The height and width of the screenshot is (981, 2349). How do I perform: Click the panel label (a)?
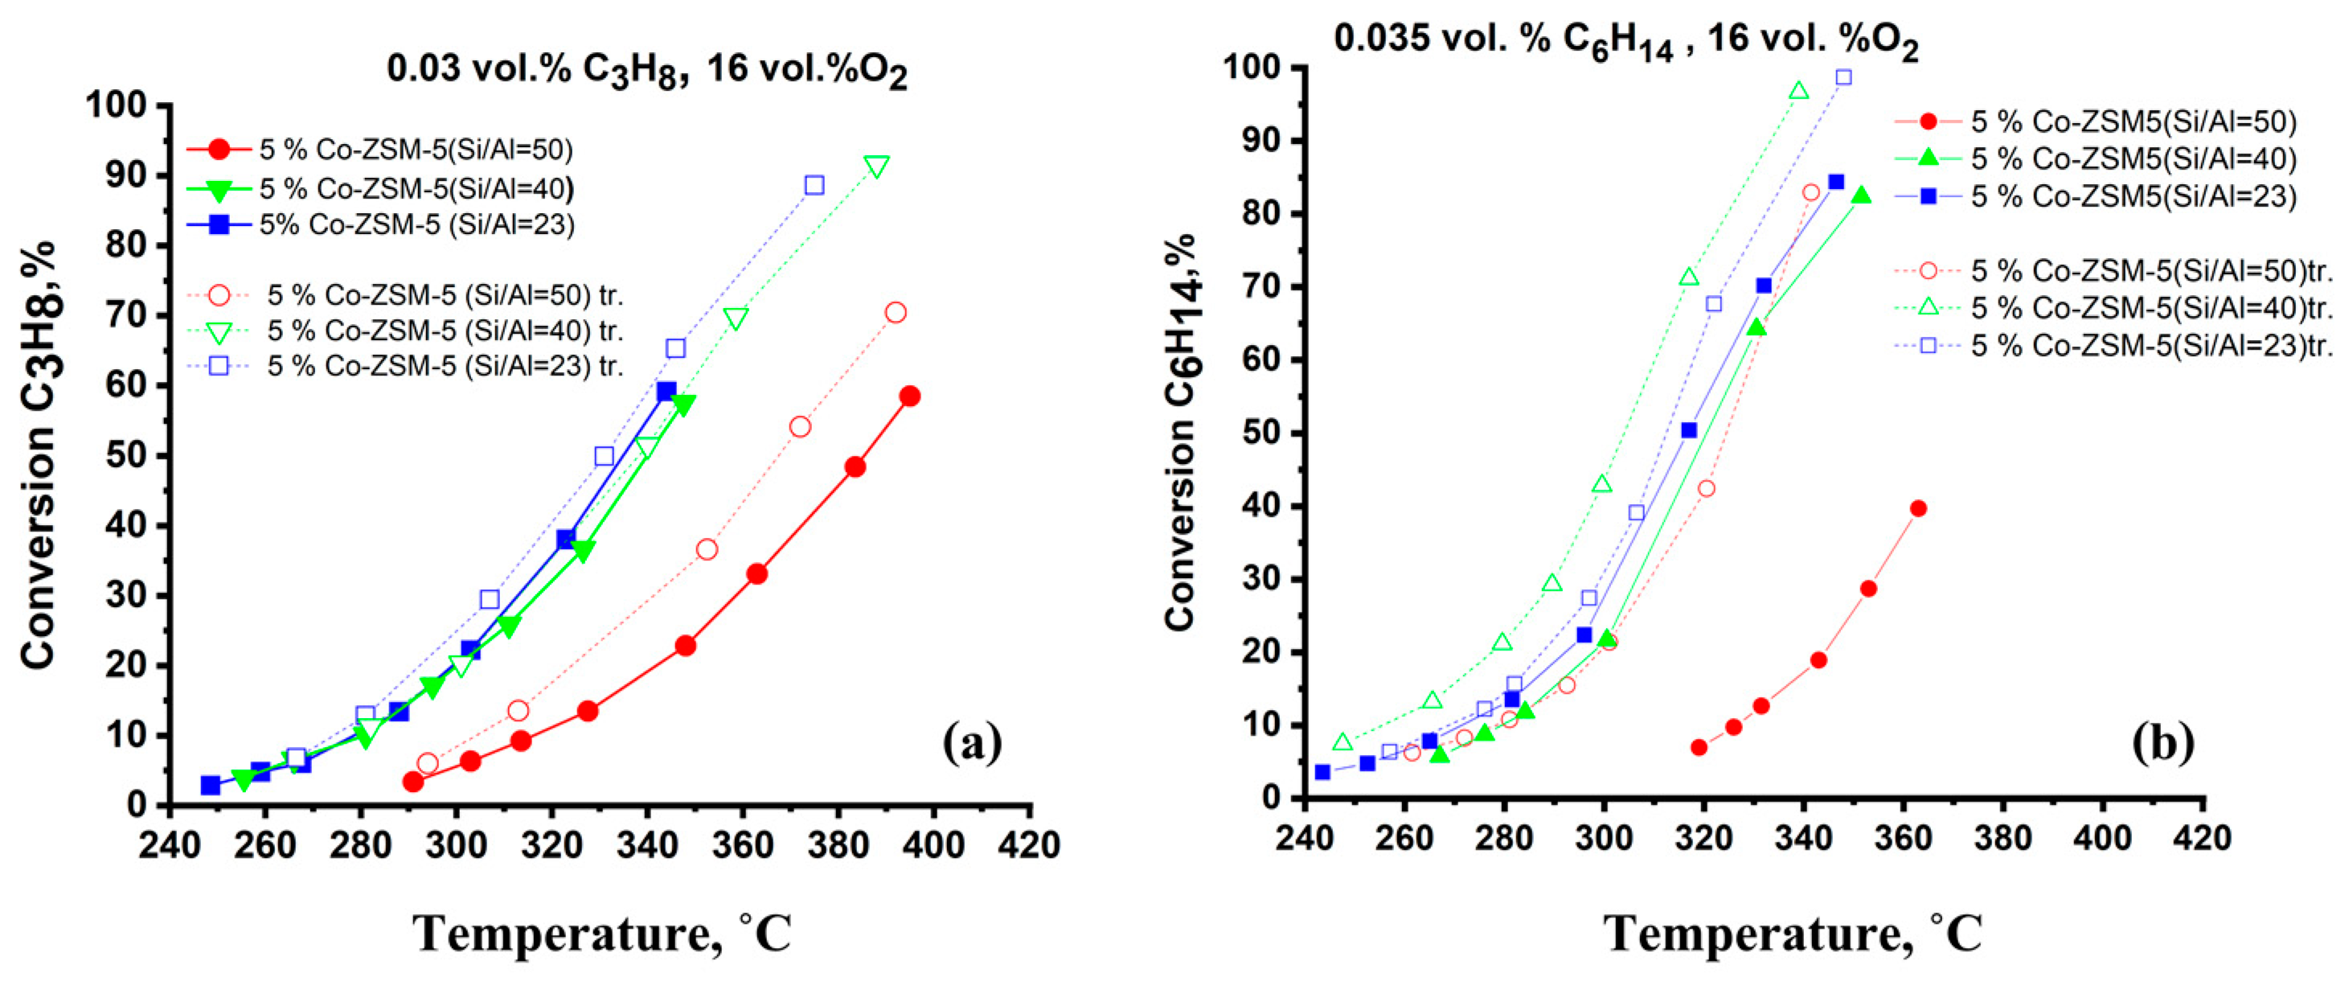coord(972,743)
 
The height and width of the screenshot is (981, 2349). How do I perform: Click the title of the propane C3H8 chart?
coord(646,71)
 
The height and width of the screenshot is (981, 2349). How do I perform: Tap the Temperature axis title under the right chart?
coord(1793,934)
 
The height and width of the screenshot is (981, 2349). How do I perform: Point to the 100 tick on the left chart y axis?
coord(128,106)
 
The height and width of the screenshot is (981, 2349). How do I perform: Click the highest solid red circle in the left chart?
coord(909,396)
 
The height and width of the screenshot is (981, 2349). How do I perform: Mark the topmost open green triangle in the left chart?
coord(876,166)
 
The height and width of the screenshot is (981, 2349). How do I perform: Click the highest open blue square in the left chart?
coord(814,185)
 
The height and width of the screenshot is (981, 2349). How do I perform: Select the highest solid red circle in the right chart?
coord(1917,509)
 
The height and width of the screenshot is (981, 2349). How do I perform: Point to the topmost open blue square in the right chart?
coord(1843,77)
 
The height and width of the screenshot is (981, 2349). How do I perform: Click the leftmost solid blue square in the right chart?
coord(1322,772)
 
